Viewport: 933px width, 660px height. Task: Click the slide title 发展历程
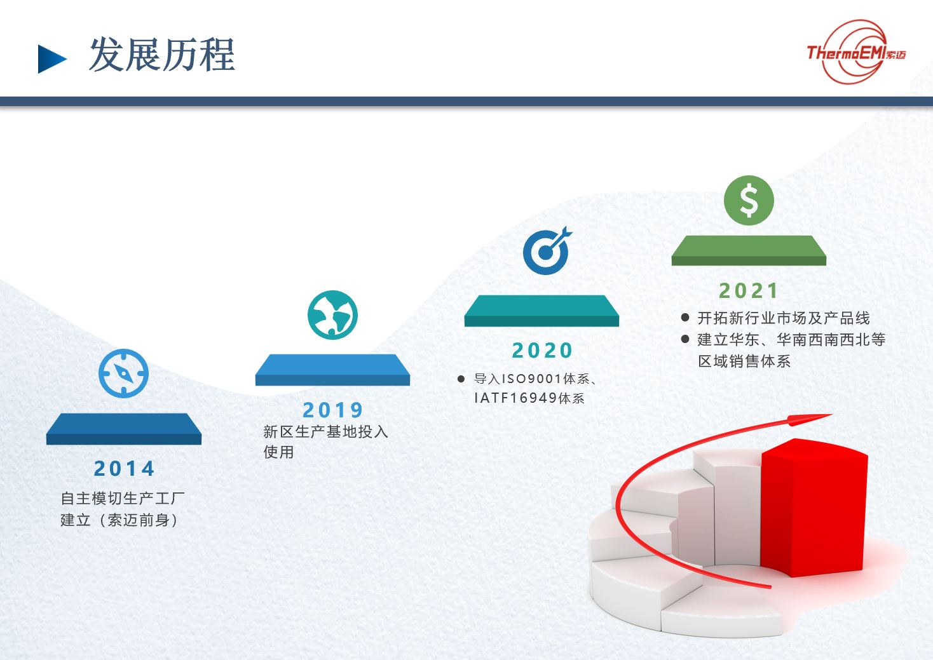pyautogui.click(x=161, y=55)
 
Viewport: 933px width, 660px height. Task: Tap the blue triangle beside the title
pyautogui.click(x=51, y=59)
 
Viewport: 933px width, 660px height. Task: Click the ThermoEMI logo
pyautogui.click(x=855, y=52)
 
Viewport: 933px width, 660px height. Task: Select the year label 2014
pyautogui.click(x=124, y=468)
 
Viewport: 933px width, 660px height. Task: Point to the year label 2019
pyautogui.click(x=333, y=410)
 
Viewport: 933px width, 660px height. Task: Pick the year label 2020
pyautogui.click(x=542, y=351)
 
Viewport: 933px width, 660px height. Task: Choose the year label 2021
pyautogui.click(x=749, y=291)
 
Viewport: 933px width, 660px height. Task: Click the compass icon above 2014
pyautogui.click(x=124, y=374)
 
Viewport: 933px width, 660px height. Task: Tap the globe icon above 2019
pyautogui.click(x=332, y=315)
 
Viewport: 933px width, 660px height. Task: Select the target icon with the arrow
pyautogui.click(x=547, y=251)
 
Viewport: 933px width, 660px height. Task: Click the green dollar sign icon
pyautogui.click(x=749, y=200)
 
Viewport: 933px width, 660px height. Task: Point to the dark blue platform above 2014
pyautogui.click(x=124, y=429)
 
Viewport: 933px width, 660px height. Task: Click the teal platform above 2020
pyautogui.click(x=541, y=311)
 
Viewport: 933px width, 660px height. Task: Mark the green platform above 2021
pyautogui.click(x=749, y=250)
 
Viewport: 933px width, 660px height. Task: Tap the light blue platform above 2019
pyautogui.click(x=332, y=370)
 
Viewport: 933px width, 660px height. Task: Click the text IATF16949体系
pyautogui.click(x=529, y=398)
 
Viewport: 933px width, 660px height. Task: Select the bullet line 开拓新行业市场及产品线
pyautogui.click(x=784, y=318)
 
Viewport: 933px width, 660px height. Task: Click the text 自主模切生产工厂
pyautogui.click(x=123, y=498)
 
